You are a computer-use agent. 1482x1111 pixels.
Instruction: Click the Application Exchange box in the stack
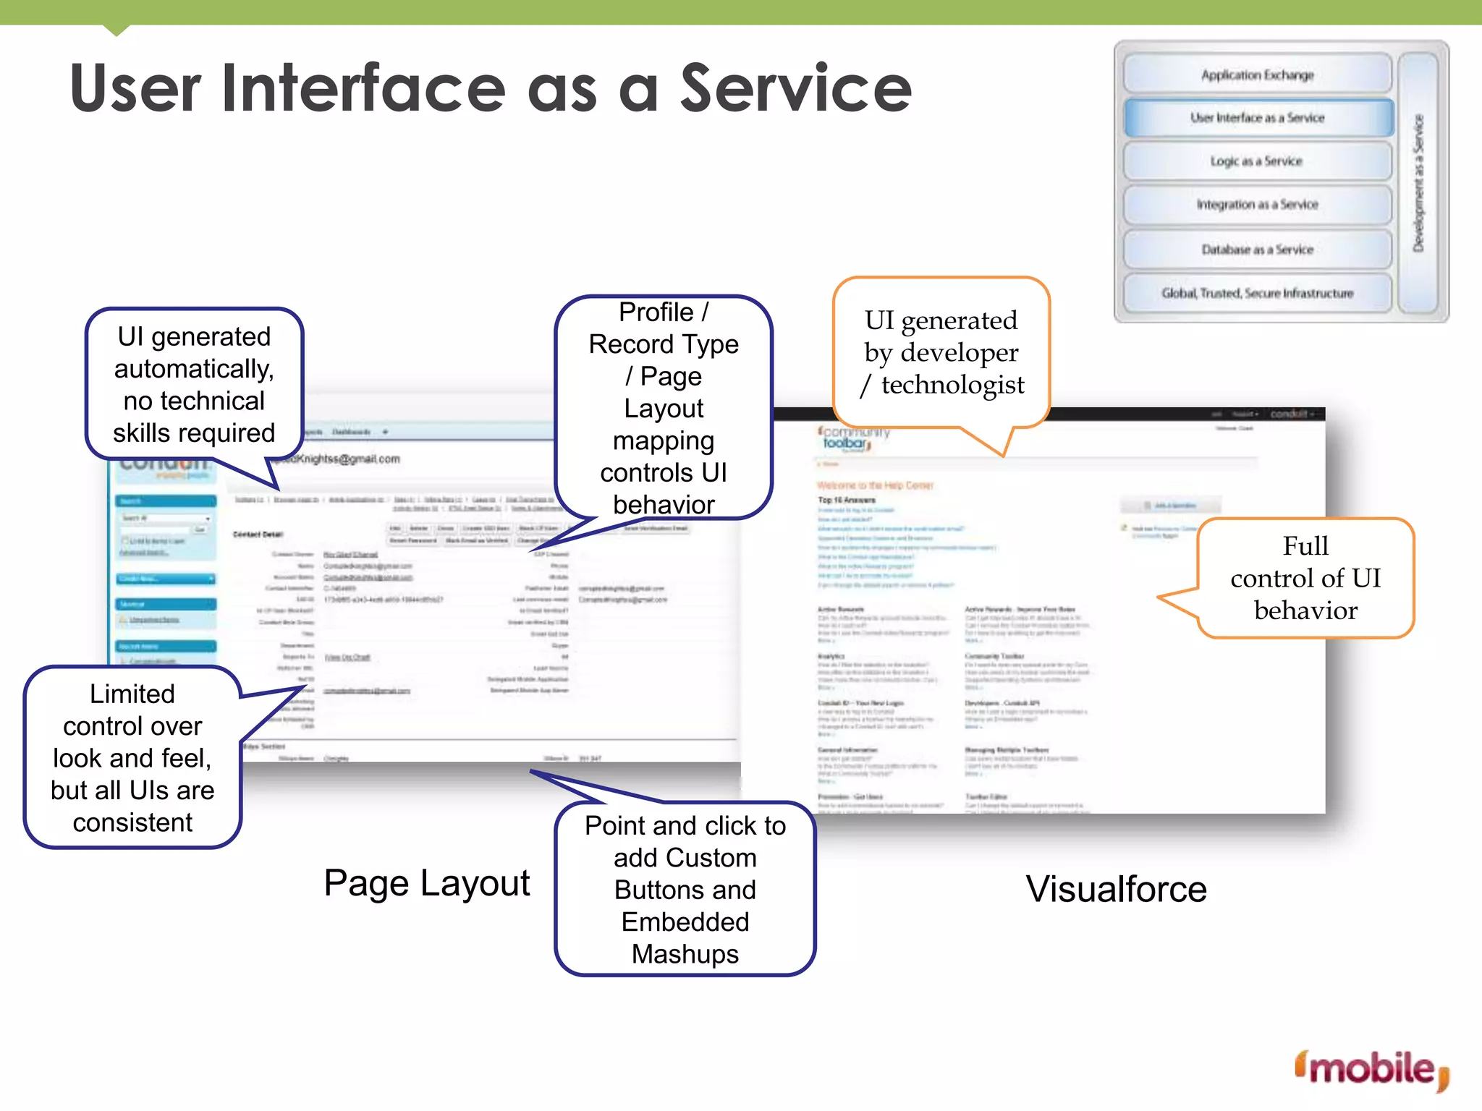(x=1257, y=75)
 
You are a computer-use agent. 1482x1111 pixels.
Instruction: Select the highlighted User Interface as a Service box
(x=1258, y=118)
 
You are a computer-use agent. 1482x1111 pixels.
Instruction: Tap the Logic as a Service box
(x=1257, y=161)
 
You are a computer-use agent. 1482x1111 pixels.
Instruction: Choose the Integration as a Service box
(x=1257, y=205)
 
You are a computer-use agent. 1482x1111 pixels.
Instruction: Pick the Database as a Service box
(x=1257, y=250)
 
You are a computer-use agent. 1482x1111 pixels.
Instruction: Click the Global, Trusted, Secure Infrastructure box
(x=1257, y=293)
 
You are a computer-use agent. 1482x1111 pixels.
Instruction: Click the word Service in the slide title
(x=796, y=88)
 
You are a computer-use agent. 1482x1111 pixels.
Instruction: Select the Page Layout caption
(x=426, y=883)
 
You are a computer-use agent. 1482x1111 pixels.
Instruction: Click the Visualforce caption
(x=1116, y=889)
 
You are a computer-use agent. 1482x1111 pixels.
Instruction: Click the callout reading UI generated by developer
(x=941, y=352)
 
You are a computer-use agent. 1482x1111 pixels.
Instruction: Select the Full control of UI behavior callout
(x=1305, y=578)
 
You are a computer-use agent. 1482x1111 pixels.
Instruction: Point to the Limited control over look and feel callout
(x=132, y=757)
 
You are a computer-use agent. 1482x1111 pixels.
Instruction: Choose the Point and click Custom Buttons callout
(x=685, y=889)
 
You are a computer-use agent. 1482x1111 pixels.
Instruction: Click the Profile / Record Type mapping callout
(x=664, y=408)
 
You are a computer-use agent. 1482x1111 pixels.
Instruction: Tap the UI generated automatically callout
(x=194, y=384)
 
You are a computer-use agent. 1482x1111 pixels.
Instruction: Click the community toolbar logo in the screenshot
(x=851, y=438)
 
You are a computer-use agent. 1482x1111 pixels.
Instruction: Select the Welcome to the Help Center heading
(x=875, y=485)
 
